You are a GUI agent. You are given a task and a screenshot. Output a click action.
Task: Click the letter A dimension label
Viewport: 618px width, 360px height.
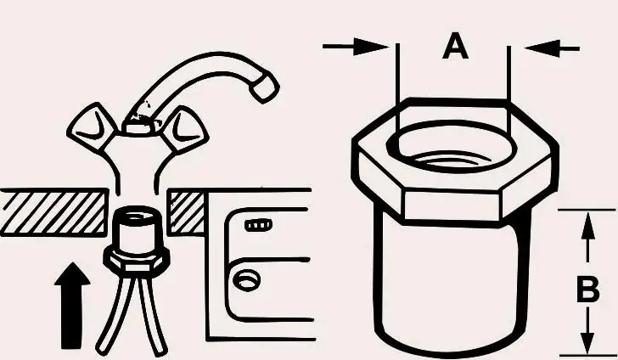coord(455,46)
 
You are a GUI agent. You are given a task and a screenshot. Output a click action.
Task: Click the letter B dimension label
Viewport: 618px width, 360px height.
coord(587,289)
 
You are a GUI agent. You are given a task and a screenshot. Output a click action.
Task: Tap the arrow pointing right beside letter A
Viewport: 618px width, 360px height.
coord(355,47)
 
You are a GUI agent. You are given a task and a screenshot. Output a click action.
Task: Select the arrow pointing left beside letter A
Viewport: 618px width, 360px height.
coord(552,48)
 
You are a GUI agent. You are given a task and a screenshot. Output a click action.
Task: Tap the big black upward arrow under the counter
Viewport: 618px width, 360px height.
coord(72,306)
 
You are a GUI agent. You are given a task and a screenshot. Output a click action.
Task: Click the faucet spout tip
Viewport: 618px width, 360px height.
coord(265,88)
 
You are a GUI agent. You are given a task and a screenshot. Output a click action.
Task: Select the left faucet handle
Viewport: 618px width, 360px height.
coord(92,127)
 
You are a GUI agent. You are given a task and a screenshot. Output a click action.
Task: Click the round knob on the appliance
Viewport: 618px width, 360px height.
coord(246,281)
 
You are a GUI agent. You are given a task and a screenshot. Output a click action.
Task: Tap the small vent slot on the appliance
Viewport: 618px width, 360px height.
coord(258,225)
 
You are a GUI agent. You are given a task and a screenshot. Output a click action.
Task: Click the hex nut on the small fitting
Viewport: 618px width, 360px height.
coord(137,261)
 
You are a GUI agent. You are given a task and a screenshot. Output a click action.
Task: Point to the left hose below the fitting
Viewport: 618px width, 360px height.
coord(115,316)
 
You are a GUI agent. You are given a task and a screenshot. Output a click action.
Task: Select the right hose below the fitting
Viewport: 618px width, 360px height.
coord(152,316)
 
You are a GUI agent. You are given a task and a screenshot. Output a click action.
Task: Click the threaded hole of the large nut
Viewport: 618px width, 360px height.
coord(452,147)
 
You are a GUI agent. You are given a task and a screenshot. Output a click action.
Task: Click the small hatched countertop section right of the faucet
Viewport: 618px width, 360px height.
coord(187,212)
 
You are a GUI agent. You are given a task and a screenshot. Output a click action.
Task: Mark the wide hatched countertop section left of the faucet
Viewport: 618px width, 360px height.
coord(53,212)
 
